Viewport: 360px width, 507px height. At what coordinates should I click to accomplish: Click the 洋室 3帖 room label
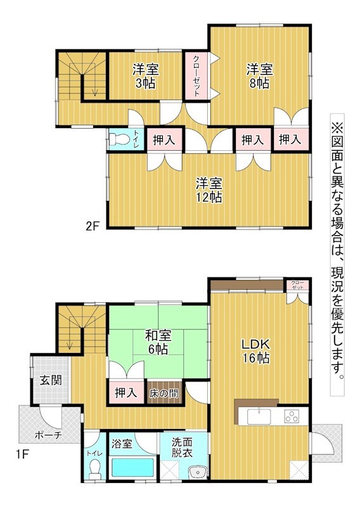click(x=146, y=76)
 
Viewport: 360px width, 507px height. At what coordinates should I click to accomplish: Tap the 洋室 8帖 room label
click(x=259, y=76)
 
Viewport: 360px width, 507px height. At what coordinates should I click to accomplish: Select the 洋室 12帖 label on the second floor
click(x=209, y=190)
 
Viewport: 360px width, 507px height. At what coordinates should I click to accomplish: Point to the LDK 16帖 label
click(x=255, y=351)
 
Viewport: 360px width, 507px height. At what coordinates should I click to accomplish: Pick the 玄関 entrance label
click(x=51, y=380)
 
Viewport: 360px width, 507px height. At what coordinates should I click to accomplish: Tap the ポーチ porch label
click(x=48, y=435)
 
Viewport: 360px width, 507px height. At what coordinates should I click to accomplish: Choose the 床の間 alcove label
click(x=164, y=394)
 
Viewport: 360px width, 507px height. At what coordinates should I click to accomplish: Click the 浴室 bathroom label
click(x=122, y=443)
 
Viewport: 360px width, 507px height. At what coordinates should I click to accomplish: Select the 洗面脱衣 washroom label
click(x=182, y=447)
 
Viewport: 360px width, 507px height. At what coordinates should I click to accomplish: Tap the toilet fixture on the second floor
click(x=115, y=139)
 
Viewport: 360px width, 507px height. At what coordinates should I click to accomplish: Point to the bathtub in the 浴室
click(x=132, y=467)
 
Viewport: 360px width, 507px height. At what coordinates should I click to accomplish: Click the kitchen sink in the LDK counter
click(x=259, y=416)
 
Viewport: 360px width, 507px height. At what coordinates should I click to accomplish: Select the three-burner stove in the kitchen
click(x=292, y=416)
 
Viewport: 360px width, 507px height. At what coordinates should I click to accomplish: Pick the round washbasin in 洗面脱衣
click(x=198, y=473)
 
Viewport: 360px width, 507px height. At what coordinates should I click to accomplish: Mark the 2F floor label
click(x=92, y=226)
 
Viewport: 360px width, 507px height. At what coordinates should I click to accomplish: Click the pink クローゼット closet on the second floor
click(x=196, y=76)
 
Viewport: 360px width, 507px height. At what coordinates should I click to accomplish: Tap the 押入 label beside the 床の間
click(x=126, y=393)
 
